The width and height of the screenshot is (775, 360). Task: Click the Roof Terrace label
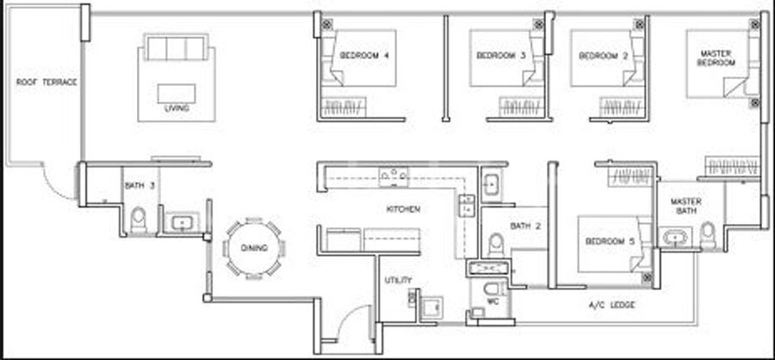[x=46, y=82]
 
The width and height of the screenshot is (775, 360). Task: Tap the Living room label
[x=177, y=108]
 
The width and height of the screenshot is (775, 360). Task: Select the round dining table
[x=254, y=248]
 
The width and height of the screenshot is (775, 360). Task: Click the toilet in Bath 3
[x=139, y=220]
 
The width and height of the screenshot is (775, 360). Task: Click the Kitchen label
[x=403, y=209]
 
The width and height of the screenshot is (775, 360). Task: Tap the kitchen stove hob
[x=394, y=177]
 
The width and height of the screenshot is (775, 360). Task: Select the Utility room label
[x=399, y=281]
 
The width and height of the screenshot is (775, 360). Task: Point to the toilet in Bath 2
[x=495, y=245]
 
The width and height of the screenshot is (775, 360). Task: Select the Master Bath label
[x=686, y=206]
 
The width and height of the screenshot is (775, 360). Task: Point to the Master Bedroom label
[x=716, y=58]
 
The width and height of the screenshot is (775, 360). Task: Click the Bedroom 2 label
[x=604, y=56]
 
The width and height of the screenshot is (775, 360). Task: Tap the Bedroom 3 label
[x=501, y=55]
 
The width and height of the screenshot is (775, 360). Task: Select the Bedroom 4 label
[x=364, y=55]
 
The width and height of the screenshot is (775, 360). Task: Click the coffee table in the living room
[x=177, y=94]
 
